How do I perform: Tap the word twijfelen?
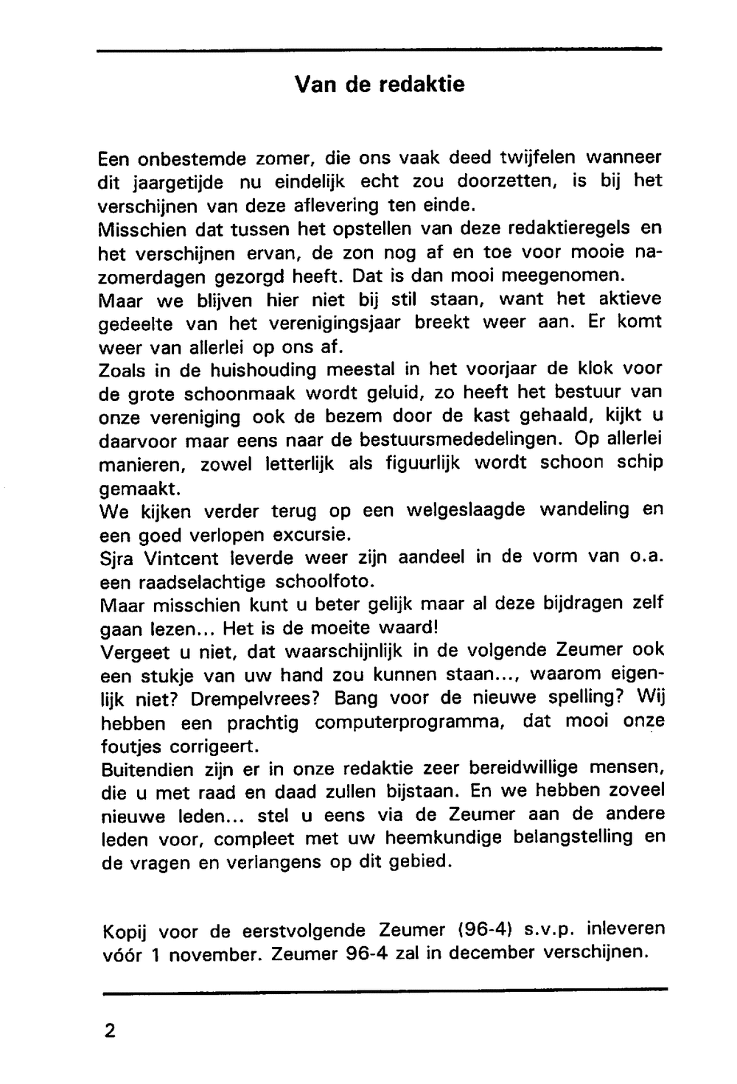tap(539, 157)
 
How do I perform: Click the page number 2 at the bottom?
tap(110, 1029)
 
